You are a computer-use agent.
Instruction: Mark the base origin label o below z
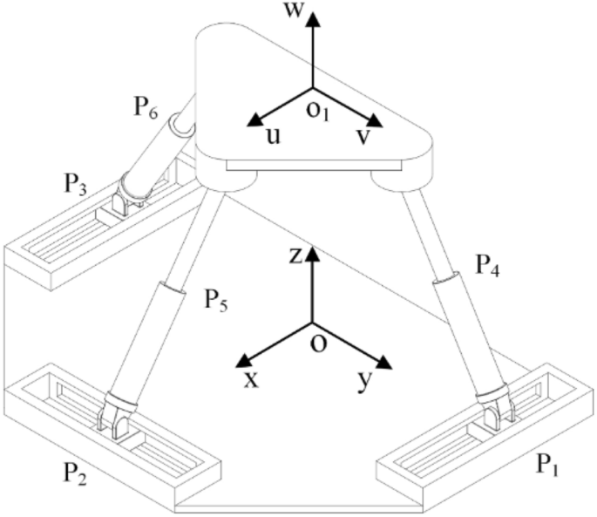click(x=319, y=343)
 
